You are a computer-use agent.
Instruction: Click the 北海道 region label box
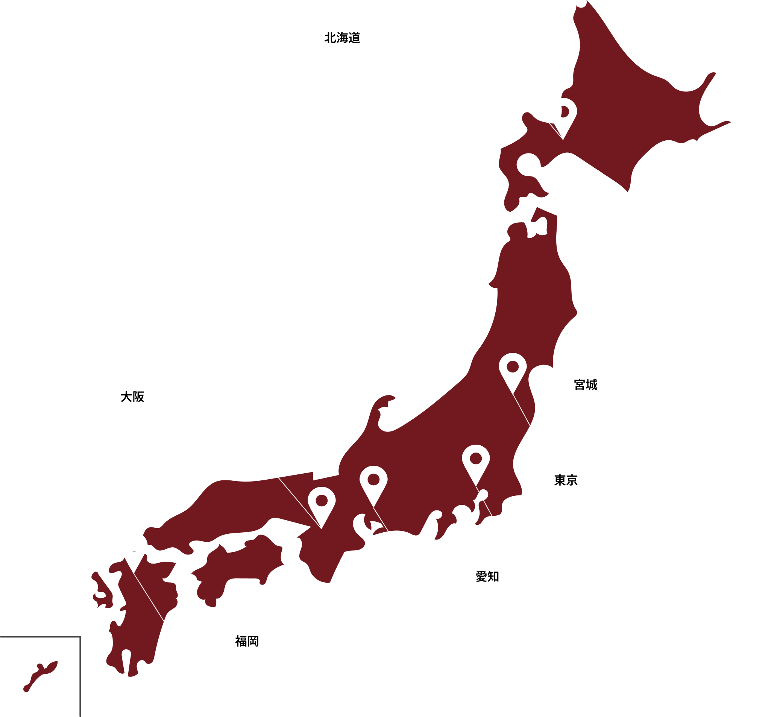click(x=343, y=38)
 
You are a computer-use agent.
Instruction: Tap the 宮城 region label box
click(x=585, y=384)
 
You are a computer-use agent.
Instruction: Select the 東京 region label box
click(x=565, y=480)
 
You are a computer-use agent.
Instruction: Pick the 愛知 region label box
click(x=487, y=577)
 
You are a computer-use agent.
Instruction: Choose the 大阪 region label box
click(x=133, y=396)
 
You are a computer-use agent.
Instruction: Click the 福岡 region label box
click(x=247, y=641)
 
